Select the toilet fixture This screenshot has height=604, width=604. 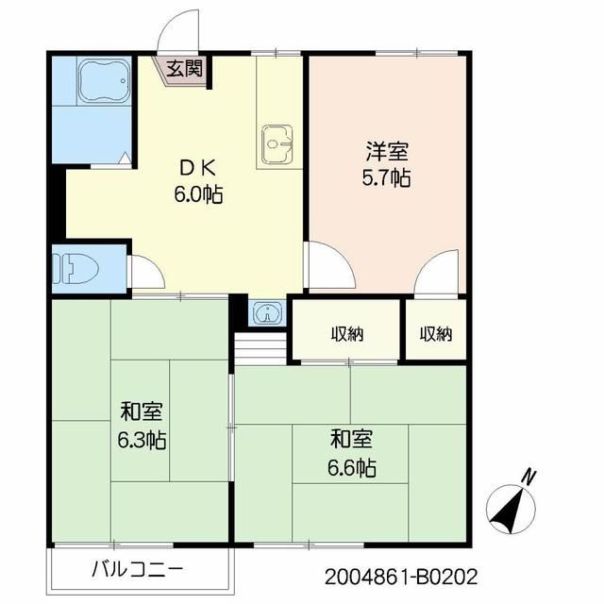click(75, 268)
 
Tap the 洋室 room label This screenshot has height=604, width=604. click(388, 152)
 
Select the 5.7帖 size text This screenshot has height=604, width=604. click(388, 177)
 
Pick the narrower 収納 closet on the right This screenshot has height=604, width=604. click(436, 333)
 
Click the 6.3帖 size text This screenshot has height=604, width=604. click(143, 440)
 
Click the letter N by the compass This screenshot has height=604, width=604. click(529, 477)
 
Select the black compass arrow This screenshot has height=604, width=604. click(509, 511)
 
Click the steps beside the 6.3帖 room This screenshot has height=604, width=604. click(257, 348)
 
